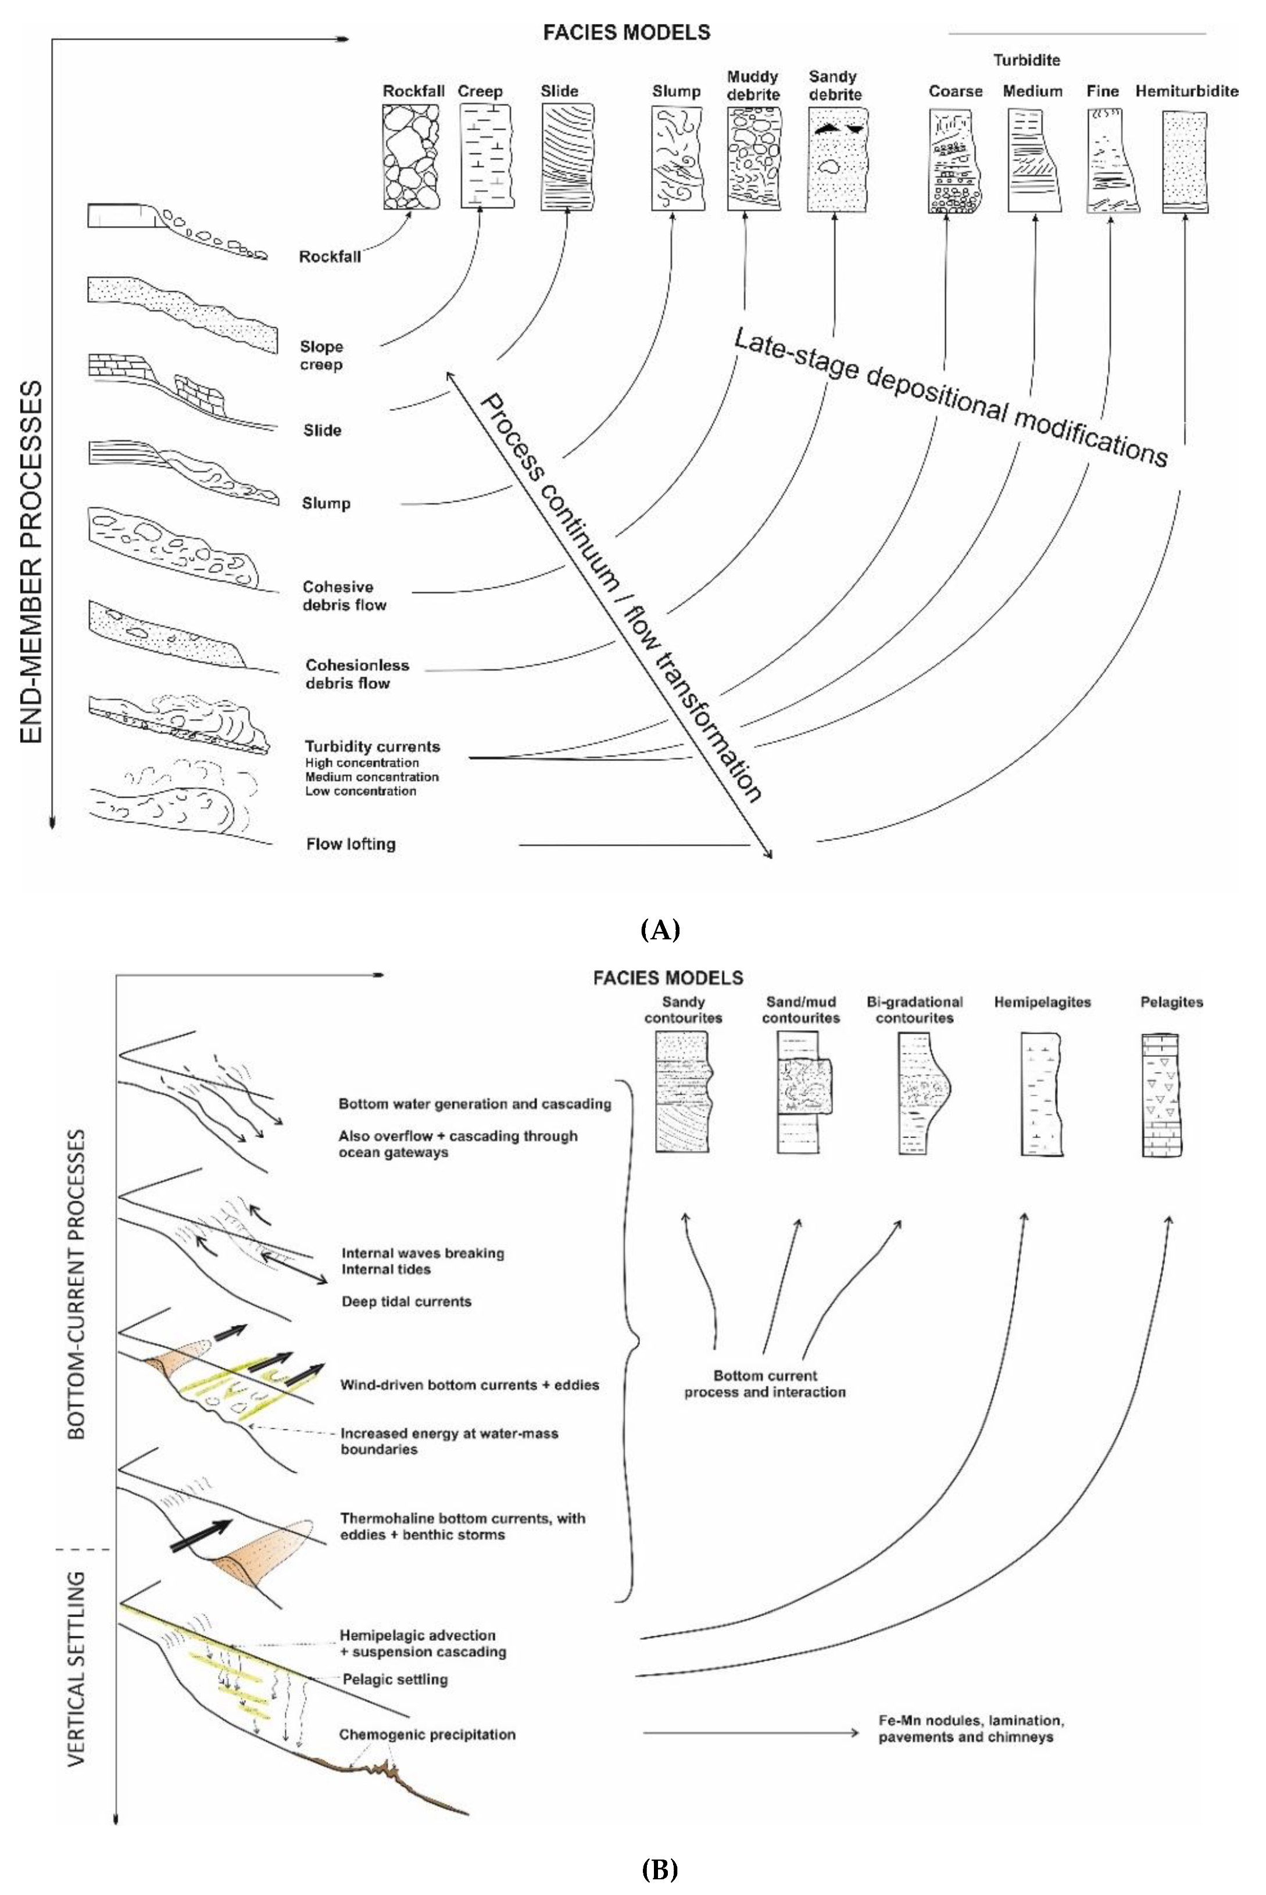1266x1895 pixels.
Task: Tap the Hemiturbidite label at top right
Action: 1186,91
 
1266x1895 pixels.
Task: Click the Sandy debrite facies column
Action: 836,159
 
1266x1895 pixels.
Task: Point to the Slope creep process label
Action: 321,355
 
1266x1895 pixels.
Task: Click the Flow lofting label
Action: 351,845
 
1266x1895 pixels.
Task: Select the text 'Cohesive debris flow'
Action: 344,596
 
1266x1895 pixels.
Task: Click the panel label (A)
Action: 660,930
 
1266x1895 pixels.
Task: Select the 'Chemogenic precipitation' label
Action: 427,1735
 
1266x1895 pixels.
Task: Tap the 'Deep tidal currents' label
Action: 406,1302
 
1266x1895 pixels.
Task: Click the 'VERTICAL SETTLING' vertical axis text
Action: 77,1679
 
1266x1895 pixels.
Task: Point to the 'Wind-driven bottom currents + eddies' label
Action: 469,1385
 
